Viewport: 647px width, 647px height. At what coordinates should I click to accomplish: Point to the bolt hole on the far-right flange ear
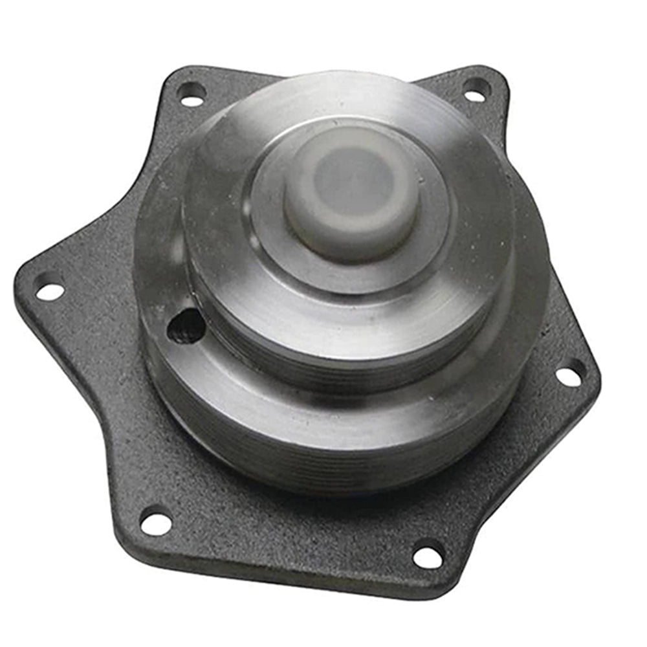coord(570,375)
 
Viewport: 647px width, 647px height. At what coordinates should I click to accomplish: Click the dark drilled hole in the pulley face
coord(186,325)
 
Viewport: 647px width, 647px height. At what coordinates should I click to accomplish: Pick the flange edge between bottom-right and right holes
coord(518,492)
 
